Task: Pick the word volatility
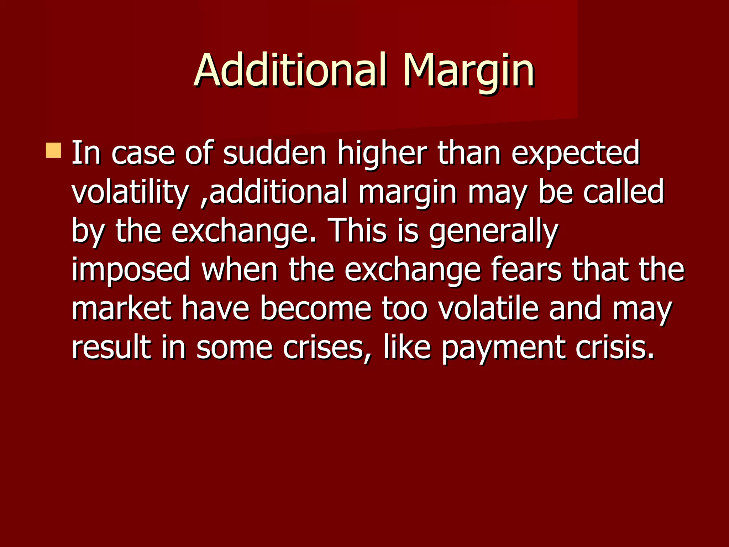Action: pyautogui.click(x=130, y=192)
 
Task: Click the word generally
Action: pyautogui.click(x=493, y=231)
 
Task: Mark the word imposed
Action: pyautogui.click(x=131, y=270)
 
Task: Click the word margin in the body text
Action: pyautogui.click(x=407, y=193)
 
